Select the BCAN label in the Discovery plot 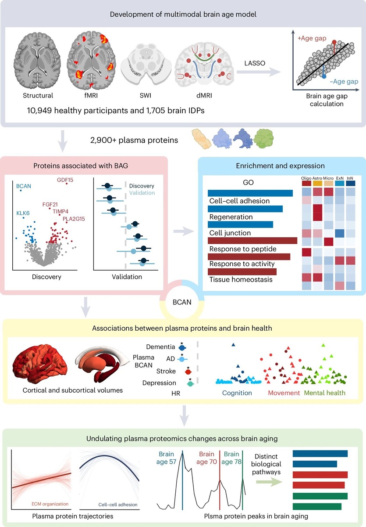point(24,186)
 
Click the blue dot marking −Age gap point(324,76)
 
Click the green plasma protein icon point(266,138)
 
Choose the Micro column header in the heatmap point(328,178)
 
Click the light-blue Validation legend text point(142,192)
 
